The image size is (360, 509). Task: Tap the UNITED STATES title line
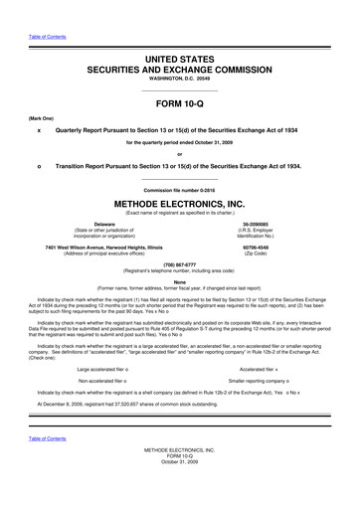click(x=180, y=61)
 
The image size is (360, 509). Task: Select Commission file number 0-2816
click(x=180, y=190)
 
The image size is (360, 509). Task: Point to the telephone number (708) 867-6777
click(x=180, y=264)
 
